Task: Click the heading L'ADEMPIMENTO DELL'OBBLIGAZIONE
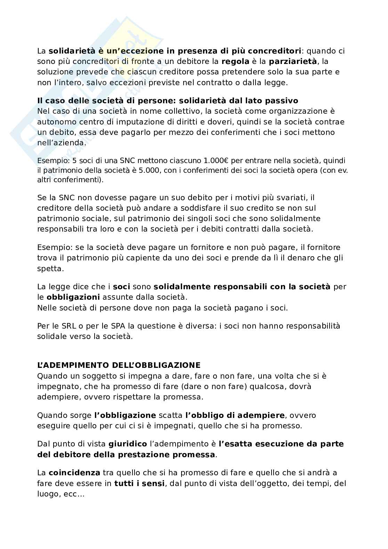[x=119, y=365]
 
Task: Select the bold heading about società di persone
[x=167, y=100]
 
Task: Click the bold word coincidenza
[x=74, y=473]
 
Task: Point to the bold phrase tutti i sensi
[x=139, y=483]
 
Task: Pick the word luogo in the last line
[x=48, y=494]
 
